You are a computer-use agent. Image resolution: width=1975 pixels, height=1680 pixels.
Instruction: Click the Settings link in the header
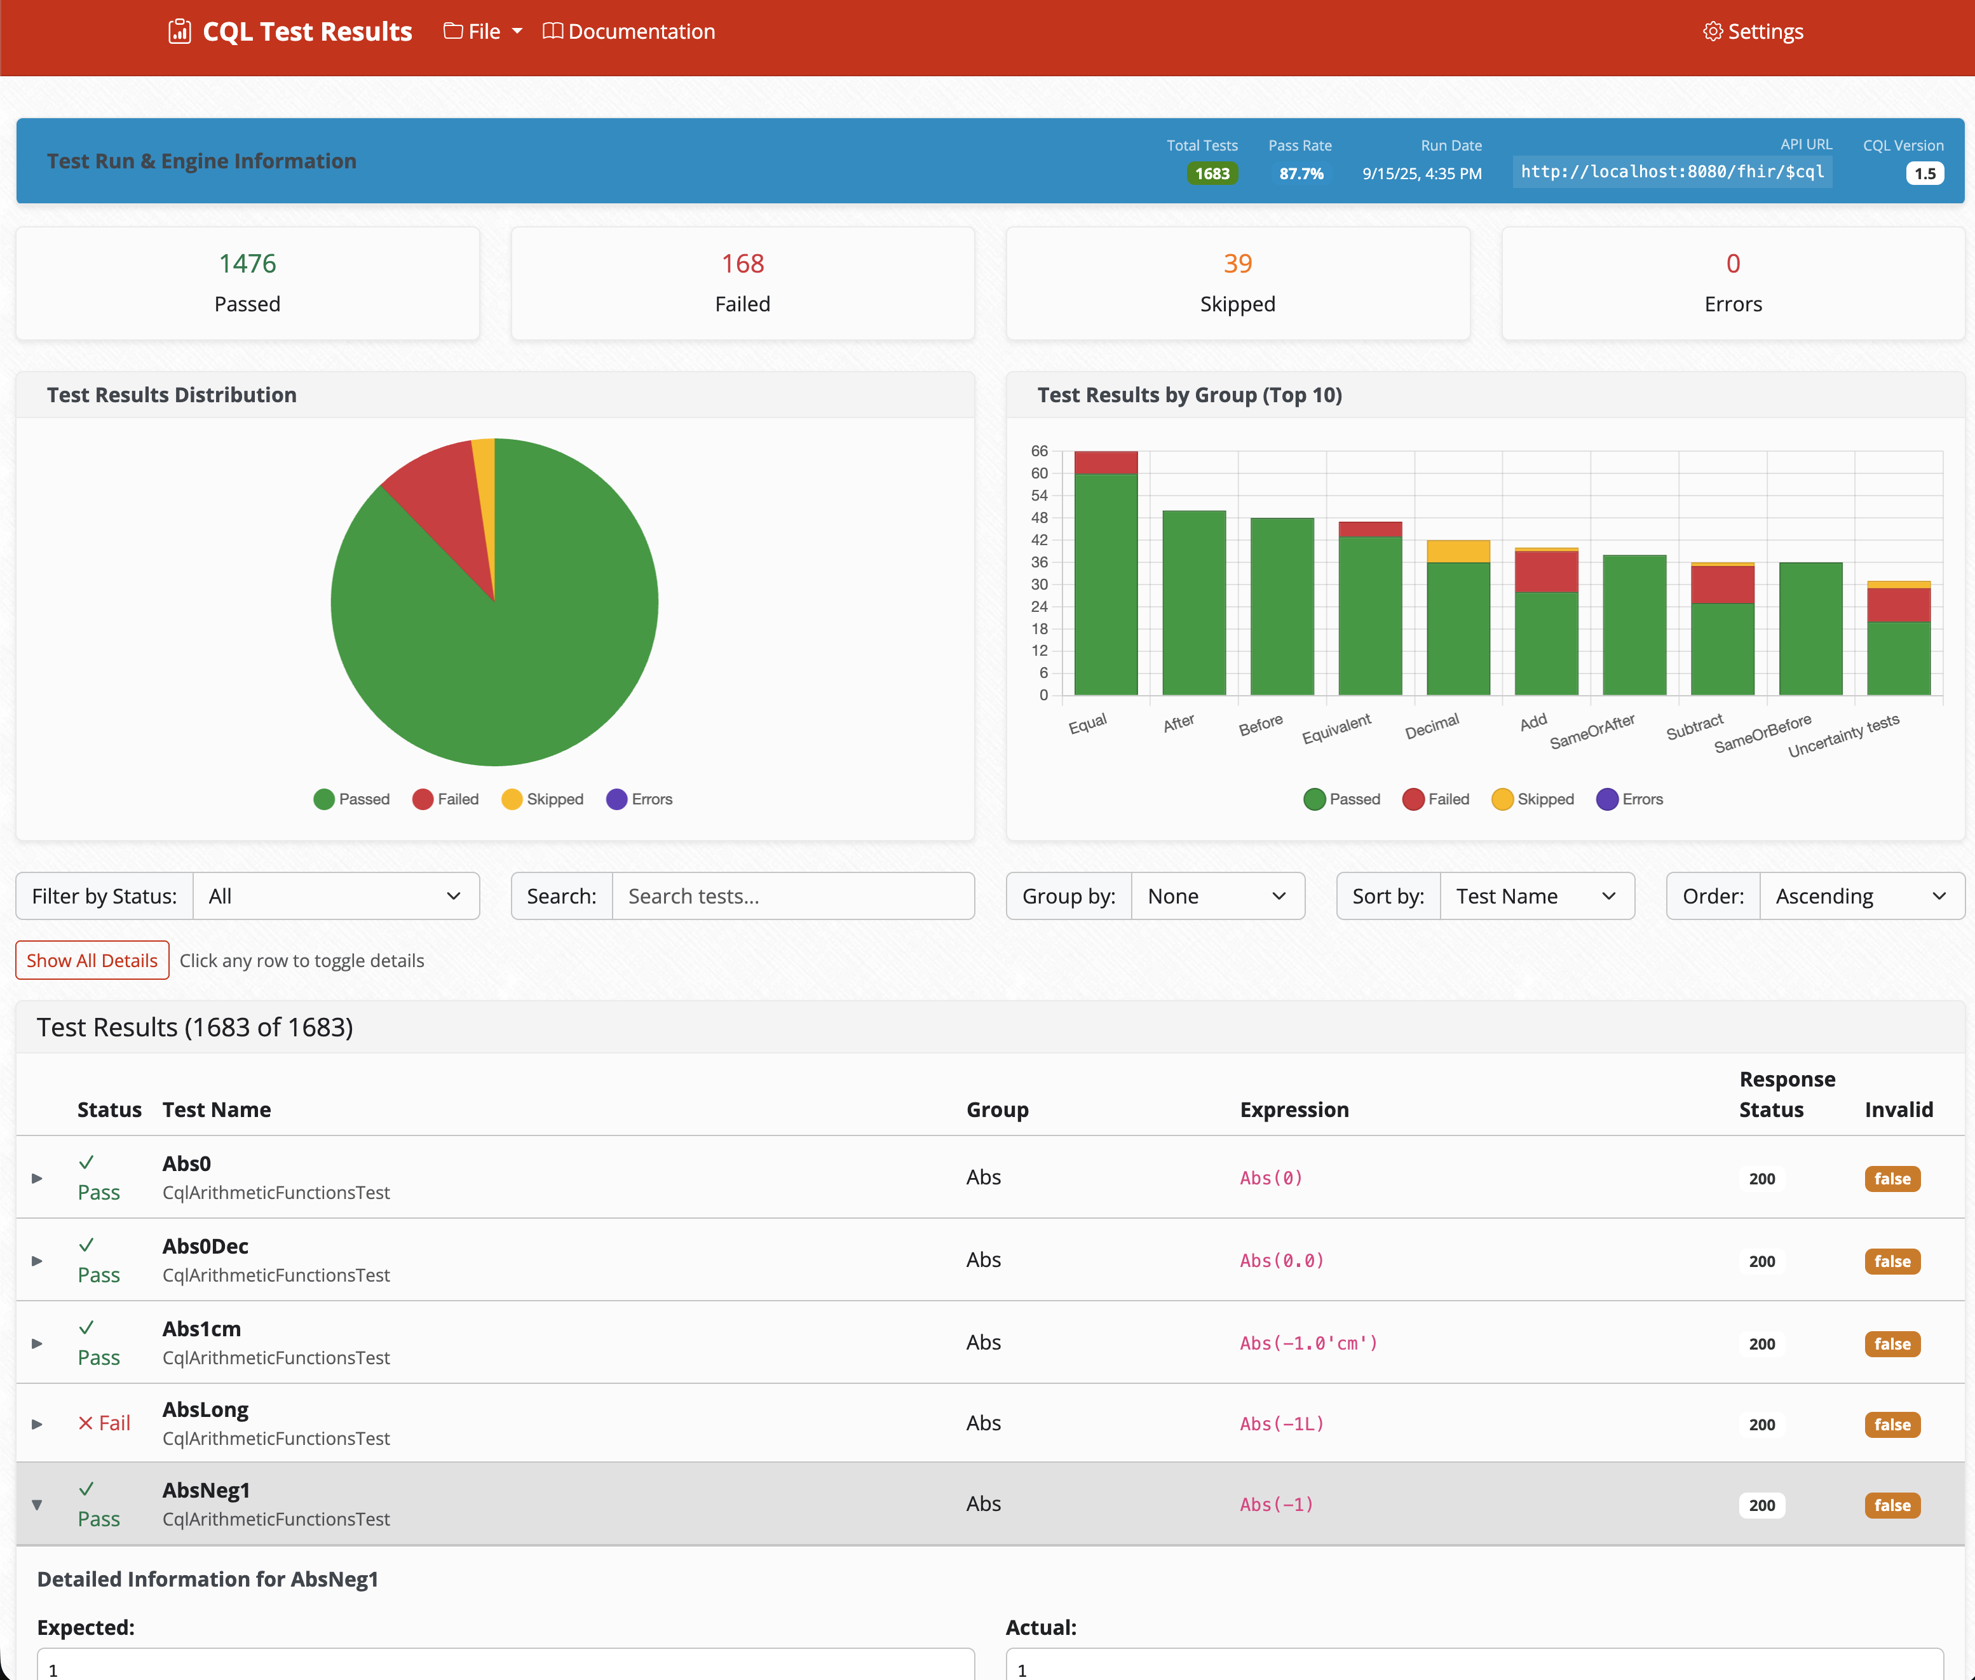(x=1753, y=31)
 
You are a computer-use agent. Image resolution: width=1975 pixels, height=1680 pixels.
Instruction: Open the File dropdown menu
(x=483, y=31)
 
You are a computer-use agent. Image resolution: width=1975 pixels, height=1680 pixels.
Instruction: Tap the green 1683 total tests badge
(x=1211, y=173)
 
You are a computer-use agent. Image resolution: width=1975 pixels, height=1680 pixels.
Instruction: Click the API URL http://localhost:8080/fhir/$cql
(x=1671, y=172)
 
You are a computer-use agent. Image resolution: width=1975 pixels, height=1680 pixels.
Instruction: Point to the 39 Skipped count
(x=1237, y=264)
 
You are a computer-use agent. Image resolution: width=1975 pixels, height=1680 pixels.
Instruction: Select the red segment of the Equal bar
(x=1106, y=463)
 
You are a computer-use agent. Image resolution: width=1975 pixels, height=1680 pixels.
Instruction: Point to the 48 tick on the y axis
(x=1039, y=518)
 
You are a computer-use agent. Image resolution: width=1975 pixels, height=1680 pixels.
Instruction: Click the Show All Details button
(x=92, y=960)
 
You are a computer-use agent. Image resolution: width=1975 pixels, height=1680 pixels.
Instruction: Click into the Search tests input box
(x=792, y=896)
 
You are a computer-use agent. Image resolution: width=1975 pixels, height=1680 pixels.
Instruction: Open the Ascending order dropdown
(x=1861, y=896)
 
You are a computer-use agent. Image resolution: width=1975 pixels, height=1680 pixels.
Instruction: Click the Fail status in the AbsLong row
(x=105, y=1423)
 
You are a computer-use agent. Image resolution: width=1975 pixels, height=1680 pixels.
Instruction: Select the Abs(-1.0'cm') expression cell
(x=1308, y=1343)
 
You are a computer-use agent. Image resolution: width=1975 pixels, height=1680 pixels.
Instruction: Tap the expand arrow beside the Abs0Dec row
(x=37, y=1261)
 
